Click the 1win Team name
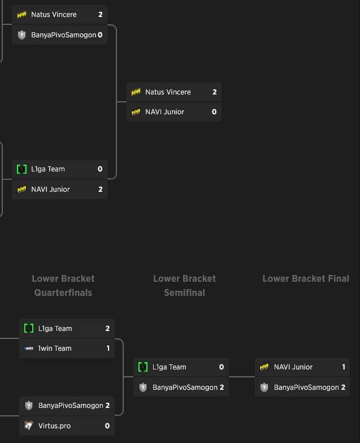[55, 349]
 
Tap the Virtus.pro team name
[55, 425]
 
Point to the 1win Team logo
[29, 349]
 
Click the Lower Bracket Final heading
[306, 278]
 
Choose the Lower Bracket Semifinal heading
[185, 286]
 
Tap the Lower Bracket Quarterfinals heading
[63, 286]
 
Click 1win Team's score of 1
[108, 349]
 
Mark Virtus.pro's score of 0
[107, 425]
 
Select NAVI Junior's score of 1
[344, 367]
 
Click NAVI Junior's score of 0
[214, 112]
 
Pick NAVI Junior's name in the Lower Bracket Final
[293, 367]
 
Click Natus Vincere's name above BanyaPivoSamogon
[54, 15]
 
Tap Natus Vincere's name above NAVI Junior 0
[168, 92]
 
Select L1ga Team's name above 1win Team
[55, 329]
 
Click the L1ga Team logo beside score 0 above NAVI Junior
[22, 169]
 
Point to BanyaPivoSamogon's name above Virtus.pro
[71, 406]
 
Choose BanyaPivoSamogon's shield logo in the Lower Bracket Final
[264, 388]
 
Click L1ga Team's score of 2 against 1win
[107, 329]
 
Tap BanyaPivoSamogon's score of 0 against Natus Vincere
[100, 35]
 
